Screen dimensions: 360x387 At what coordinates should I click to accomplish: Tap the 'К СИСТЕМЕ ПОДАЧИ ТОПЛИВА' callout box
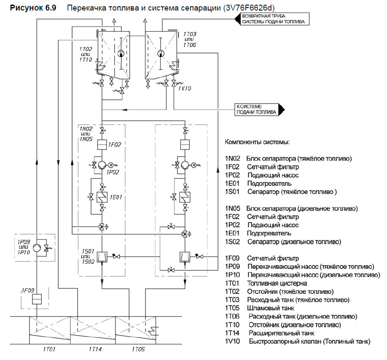(257, 109)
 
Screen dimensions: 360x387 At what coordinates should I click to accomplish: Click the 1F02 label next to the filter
(115, 145)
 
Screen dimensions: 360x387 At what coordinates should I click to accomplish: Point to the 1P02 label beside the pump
(113, 172)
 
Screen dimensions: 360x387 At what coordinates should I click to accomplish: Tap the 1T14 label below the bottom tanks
(95, 349)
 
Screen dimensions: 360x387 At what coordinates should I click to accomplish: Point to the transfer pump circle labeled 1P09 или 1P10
(37, 247)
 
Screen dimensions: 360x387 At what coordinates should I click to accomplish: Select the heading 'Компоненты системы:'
(257, 143)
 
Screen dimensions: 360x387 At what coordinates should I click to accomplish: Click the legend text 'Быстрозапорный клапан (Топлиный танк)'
(309, 341)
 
